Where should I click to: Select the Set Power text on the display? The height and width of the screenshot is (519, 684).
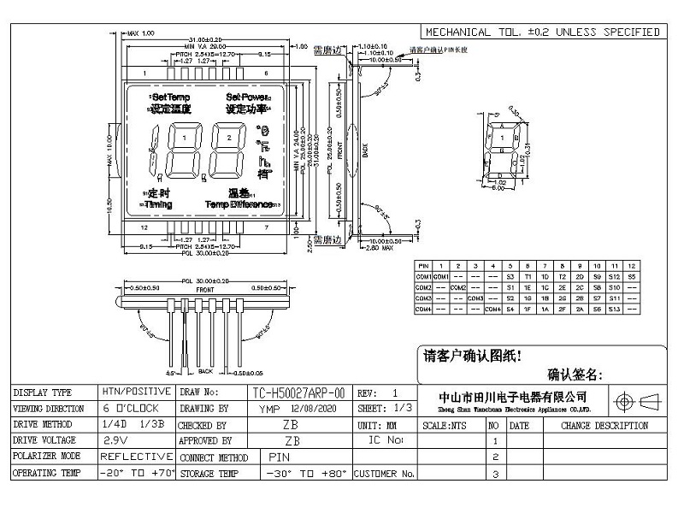pyautogui.click(x=247, y=97)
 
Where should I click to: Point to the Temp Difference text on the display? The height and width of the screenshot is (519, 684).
pyautogui.click(x=238, y=205)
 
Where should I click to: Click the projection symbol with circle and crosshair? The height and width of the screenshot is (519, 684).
pyautogui.click(x=623, y=401)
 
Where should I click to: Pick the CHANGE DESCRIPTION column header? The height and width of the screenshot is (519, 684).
pyautogui.click(x=604, y=425)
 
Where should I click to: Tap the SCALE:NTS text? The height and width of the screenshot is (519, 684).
pyautogui.click(x=445, y=425)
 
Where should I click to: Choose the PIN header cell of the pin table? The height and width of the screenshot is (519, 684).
pyautogui.click(x=423, y=267)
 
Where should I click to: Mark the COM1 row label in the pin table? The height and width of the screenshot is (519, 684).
pyautogui.click(x=423, y=277)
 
